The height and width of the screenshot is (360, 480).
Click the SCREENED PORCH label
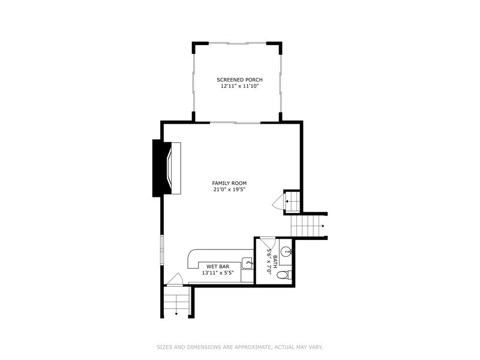(239, 80)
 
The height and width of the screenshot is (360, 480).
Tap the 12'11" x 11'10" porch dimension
(239, 86)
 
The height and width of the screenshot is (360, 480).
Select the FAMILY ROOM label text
(229, 183)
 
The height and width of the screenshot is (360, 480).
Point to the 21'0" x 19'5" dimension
(229, 190)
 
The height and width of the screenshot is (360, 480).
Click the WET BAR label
(216, 266)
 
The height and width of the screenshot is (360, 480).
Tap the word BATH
(275, 261)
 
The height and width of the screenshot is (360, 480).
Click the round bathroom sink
(287, 252)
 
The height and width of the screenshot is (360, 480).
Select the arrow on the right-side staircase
(323, 226)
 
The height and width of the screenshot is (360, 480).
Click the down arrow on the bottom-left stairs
(176, 313)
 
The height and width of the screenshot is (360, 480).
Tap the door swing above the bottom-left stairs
(175, 279)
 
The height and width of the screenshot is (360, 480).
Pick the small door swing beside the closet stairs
(278, 202)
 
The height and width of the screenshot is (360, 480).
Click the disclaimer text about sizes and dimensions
(239, 346)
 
